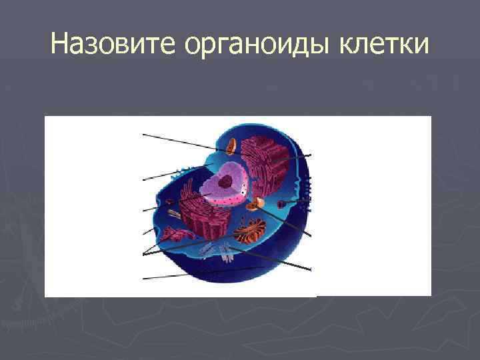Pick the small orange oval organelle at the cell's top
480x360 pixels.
point(231,145)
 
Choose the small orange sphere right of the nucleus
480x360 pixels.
point(259,203)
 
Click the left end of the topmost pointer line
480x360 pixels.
point(143,135)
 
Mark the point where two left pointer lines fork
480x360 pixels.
point(144,254)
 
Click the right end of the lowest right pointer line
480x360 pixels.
point(311,269)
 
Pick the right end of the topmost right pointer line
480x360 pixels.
point(311,154)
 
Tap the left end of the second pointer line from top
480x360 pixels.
point(143,179)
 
